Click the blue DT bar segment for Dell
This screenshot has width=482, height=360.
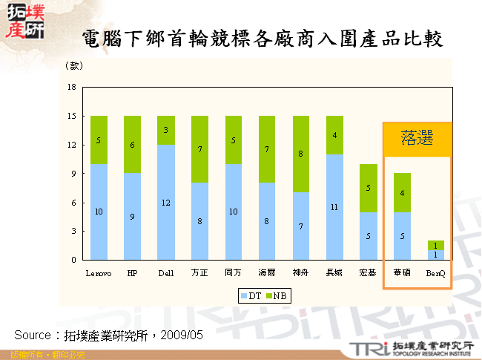(x=166, y=202)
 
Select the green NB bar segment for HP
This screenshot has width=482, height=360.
(x=132, y=145)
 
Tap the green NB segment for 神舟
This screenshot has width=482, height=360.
(x=301, y=154)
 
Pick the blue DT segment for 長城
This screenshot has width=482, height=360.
(x=334, y=207)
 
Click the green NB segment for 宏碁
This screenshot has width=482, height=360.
(x=369, y=188)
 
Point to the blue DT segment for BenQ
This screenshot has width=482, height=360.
(x=436, y=255)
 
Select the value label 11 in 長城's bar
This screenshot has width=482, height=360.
(x=334, y=207)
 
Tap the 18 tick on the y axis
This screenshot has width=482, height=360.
(x=72, y=88)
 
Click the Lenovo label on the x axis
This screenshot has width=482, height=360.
(x=99, y=273)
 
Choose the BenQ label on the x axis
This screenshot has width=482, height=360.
(x=436, y=273)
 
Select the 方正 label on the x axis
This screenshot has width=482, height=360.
(x=199, y=273)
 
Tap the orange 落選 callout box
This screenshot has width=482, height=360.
(x=417, y=139)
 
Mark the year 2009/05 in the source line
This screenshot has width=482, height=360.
(x=181, y=335)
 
